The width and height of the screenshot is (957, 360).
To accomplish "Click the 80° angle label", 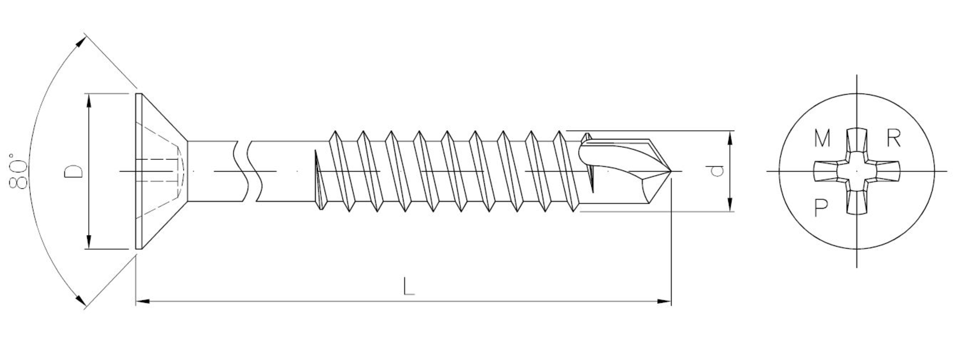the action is [x=18, y=170].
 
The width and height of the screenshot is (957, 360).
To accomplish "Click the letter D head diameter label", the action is [x=73, y=171].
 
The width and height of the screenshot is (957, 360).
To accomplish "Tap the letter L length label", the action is [x=408, y=286].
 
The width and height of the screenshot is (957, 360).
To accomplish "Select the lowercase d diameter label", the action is [x=716, y=170].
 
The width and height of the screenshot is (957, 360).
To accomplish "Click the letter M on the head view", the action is [x=822, y=138].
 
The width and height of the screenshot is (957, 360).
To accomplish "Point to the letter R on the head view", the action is [x=894, y=138].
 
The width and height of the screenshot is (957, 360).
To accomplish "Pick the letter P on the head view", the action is [x=821, y=207].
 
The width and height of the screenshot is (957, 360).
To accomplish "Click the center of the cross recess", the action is [x=857, y=171].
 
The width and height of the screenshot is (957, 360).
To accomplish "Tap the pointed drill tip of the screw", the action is [x=671, y=171].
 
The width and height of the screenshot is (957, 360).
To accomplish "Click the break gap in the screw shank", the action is [x=249, y=171].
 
